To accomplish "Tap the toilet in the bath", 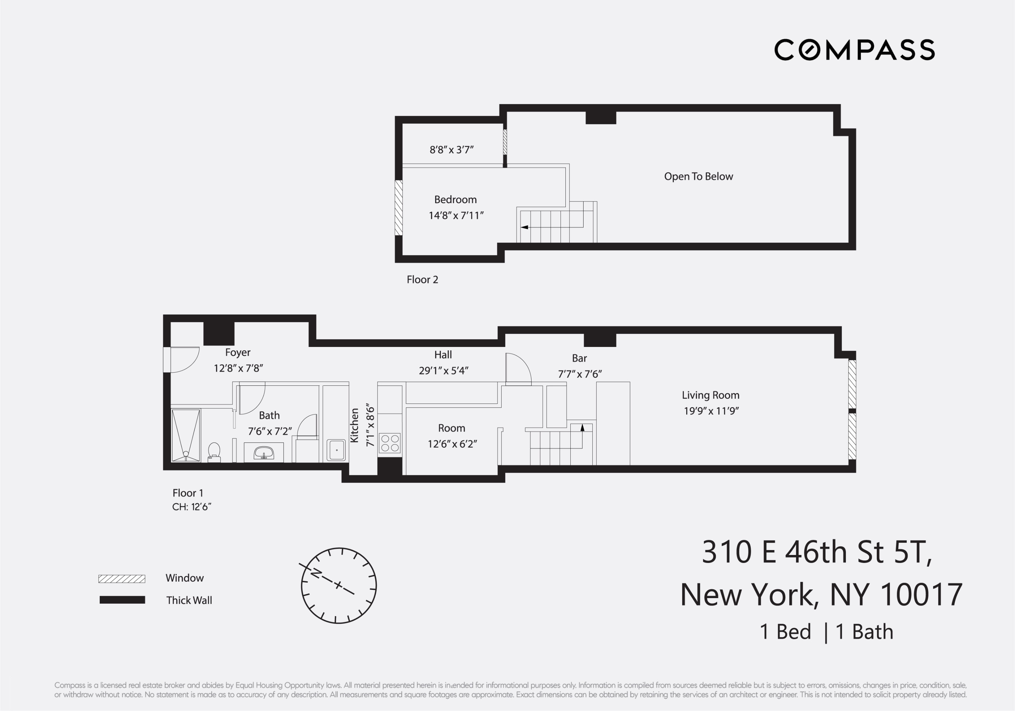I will [x=214, y=451].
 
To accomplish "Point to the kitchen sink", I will [x=336, y=450].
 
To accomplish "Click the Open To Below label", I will [x=698, y=176].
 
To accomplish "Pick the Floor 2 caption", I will [x=422, y=279].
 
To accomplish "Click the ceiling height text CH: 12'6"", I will [x=192, y=507].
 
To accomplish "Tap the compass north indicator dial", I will [x=339, y=586].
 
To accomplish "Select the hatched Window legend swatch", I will [x=121, y=579].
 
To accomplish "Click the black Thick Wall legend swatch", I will [x=122, y=600].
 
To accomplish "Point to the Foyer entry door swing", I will [x=183, y=359].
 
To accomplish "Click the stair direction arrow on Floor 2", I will [x=525, y=227].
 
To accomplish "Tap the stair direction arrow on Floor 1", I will [x=582, y=428].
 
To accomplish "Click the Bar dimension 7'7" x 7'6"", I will [x=580, y=374].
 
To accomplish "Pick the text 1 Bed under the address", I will [x=785, y=632].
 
